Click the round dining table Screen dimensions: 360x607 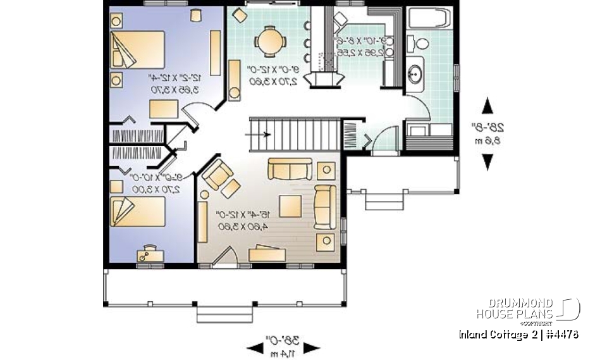tap(270, 42)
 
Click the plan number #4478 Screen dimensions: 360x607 tap(561, 334)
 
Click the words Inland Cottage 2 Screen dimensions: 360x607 tap(494, 334)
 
